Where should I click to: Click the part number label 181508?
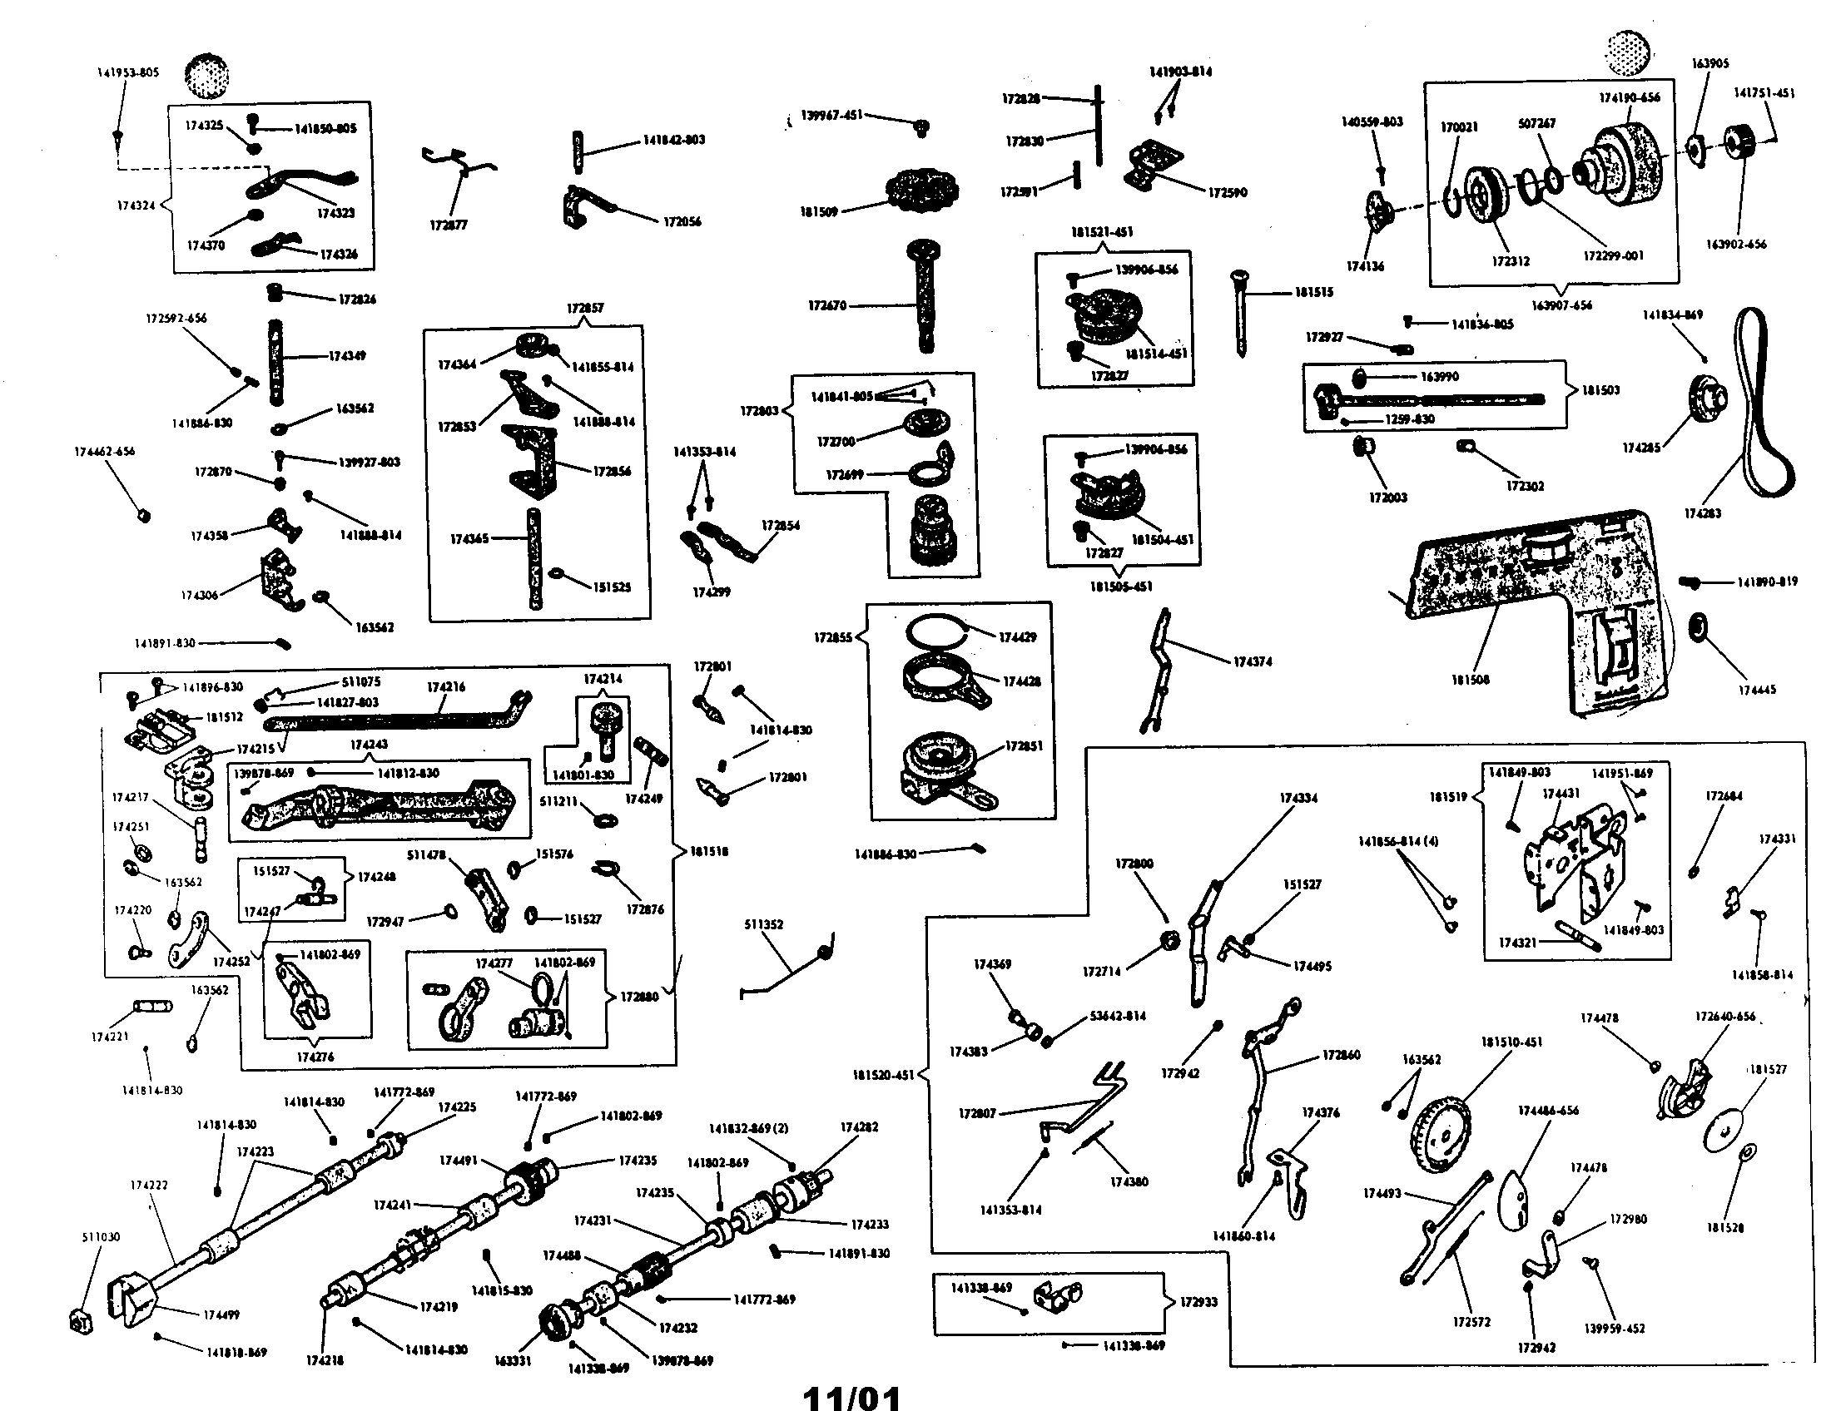(1470, 680)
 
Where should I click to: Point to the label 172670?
(826, 306)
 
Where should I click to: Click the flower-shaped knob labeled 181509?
(922, 192)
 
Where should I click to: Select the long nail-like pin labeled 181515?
(1239, 312)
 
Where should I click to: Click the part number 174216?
(445, 686)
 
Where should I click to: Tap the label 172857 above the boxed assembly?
(584, 308)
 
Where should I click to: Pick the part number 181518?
(708, 851)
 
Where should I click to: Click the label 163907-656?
(1561, 305)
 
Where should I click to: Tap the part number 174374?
(1252, 661)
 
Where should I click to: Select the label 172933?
(1198, 1301)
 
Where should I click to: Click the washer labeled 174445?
(1699, 626)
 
